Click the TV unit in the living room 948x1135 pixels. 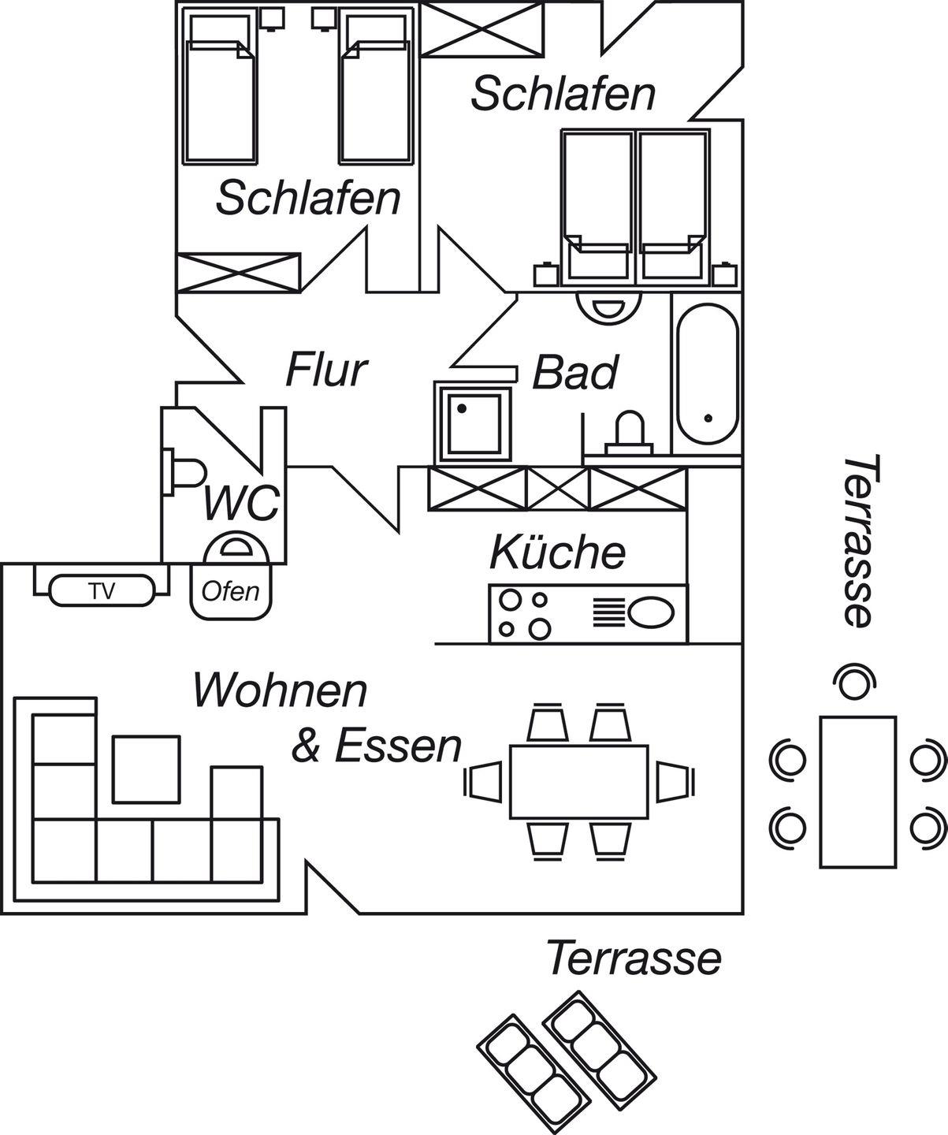click(101, 590)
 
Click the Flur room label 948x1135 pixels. click(326, 370)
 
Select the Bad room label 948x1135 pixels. click(575, 373)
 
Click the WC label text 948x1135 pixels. click(240, 504)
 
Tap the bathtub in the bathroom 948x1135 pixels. click(707, 375)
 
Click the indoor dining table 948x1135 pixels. click(579, 781)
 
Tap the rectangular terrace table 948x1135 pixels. click(857, 791)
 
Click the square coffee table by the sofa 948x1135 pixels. click(146, 768)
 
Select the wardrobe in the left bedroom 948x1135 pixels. click(238, 273)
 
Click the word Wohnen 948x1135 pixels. click(281, 691)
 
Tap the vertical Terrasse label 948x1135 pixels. click(858, 541)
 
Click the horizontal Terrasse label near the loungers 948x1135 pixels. click(634, 958)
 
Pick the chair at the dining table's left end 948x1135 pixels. click(485, 781)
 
